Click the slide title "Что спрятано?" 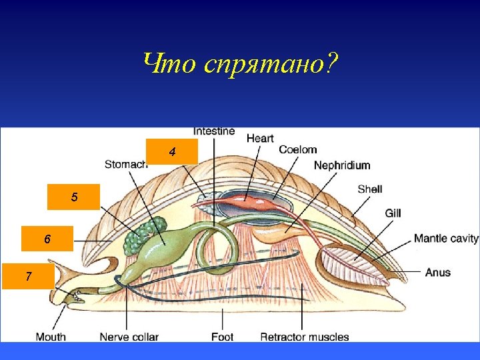point(240,64)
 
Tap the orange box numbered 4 point(173,152)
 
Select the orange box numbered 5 point(74,197)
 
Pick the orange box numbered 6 point(47,239)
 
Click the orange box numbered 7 point(28,276)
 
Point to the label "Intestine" point(214,131)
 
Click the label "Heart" point(260,139)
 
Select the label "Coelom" point(297,150)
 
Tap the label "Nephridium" point(342,165)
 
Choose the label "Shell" point(370,189)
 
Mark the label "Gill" point(393,213)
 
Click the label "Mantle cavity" point(446,239)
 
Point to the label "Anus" point(438,272)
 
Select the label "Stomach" point(126,165)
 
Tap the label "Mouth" point(51,337)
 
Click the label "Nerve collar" point(129,337)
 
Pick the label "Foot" point(222,337)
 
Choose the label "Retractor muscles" point(305,337)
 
